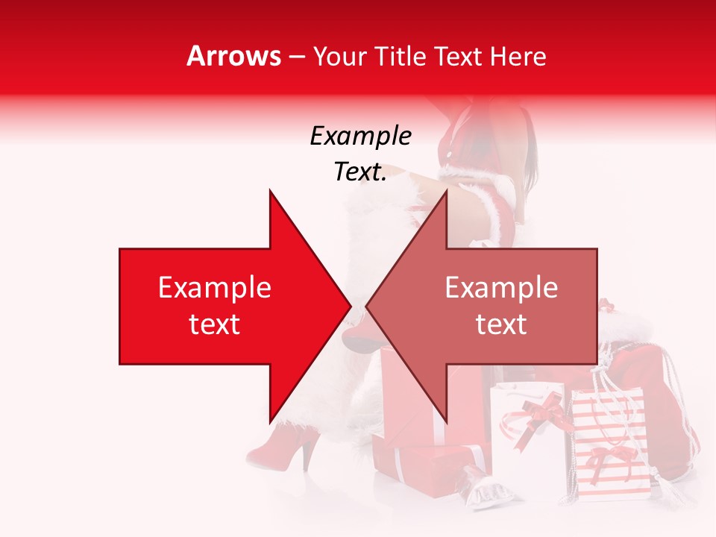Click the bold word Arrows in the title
(233, 56)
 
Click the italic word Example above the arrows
(360, 136)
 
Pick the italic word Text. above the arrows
(360, 172)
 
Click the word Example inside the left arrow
(215, 288)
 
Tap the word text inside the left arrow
(215, 324)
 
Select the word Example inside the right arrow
(501, 288)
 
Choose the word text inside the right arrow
(501, 324)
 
